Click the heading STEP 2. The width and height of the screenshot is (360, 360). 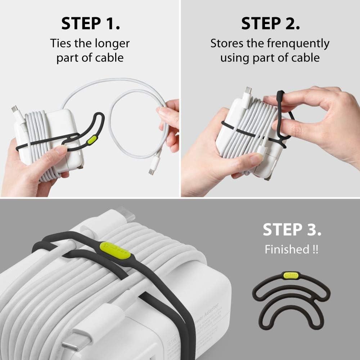tap(270, 23)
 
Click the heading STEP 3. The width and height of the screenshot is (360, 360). tap(292, 230)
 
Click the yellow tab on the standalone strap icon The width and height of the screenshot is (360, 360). tap(289, 276)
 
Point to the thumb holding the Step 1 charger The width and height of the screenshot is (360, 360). tap(54, 156)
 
